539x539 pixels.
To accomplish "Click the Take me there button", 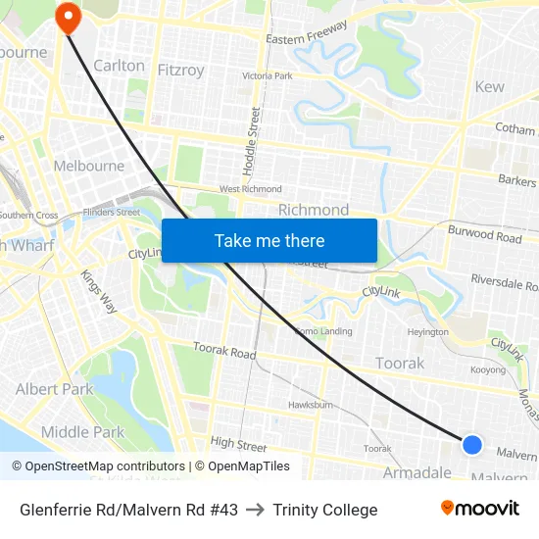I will [269, 240].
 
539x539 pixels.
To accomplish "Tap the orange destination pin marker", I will [68, 17].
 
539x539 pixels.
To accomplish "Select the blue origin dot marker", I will [471, 445].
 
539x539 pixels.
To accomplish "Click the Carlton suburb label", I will [119, 66].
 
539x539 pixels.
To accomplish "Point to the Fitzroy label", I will [181, 70].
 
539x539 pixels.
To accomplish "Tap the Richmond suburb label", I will [314, 210].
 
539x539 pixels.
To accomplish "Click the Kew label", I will [489, 86].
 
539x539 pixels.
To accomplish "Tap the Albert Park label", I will [53, 389].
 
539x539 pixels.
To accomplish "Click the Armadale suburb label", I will [416, 472].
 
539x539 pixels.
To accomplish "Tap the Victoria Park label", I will [267, 75].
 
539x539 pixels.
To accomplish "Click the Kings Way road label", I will [99, 291].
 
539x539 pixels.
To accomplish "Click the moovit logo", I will [479, 509].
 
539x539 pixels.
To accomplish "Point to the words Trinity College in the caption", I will [324, 510].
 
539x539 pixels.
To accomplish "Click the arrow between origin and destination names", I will [256, 510].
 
